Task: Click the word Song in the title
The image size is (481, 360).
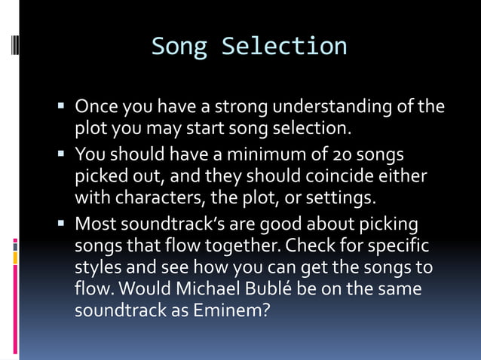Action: (x=179, y=46)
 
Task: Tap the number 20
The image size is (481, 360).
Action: (x=342, y=155)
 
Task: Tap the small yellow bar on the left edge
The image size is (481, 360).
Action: (x=15, y=258)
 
